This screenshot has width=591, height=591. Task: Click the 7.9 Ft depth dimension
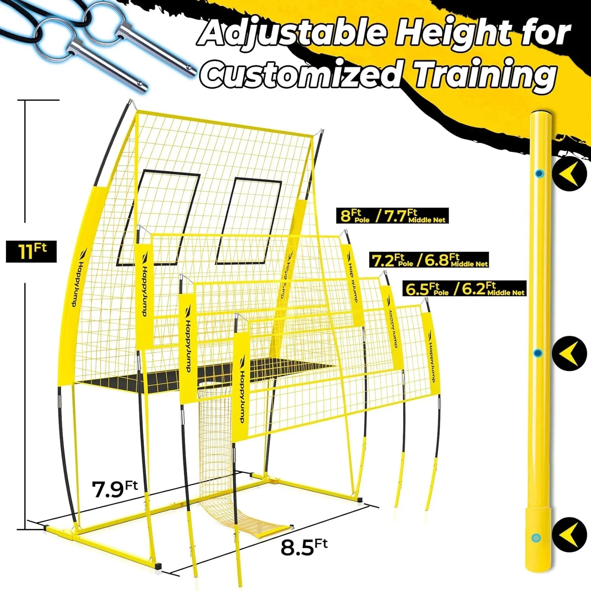115,489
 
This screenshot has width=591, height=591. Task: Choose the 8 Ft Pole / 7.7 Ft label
393,216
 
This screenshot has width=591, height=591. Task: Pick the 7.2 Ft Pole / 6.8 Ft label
429,260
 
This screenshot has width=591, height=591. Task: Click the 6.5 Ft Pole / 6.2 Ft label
465,289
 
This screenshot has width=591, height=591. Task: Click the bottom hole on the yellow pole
535,537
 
